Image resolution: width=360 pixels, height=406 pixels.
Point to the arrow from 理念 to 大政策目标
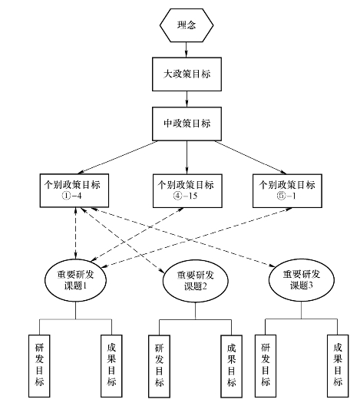coord(187,49)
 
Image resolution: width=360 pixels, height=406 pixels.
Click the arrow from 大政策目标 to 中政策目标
coord(187,99)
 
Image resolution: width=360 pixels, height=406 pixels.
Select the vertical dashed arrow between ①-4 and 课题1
coord(75,233)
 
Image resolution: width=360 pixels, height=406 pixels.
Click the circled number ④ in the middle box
coord(177,196)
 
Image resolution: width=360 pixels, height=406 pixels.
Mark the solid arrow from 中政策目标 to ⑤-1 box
coord(250,157)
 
